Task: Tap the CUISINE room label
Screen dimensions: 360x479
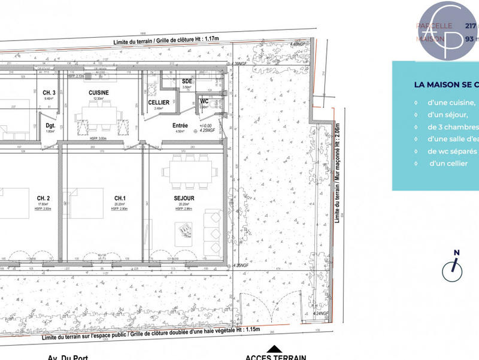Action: click(x=98, y=93)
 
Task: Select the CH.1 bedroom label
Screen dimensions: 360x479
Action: click(x=120, y=198)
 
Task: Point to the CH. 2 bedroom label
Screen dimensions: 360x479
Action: click(x=43, y=198)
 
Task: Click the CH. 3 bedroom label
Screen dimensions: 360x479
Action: click(x=49, y=92)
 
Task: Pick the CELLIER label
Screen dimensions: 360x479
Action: click(x=158, y=102)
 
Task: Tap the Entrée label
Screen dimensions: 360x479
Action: click(x=180, y=126)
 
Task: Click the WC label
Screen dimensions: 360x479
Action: click(x=204, y=101)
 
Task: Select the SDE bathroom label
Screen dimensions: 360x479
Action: click(x=186, y=81)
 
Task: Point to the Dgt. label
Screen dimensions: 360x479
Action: click(x=50, y=126)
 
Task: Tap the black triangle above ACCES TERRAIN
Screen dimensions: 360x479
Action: click(x=275, y=349)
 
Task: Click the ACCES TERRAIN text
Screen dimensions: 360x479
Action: click(x=275, y=357)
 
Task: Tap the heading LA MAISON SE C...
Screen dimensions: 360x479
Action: click(x=446, y=84)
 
